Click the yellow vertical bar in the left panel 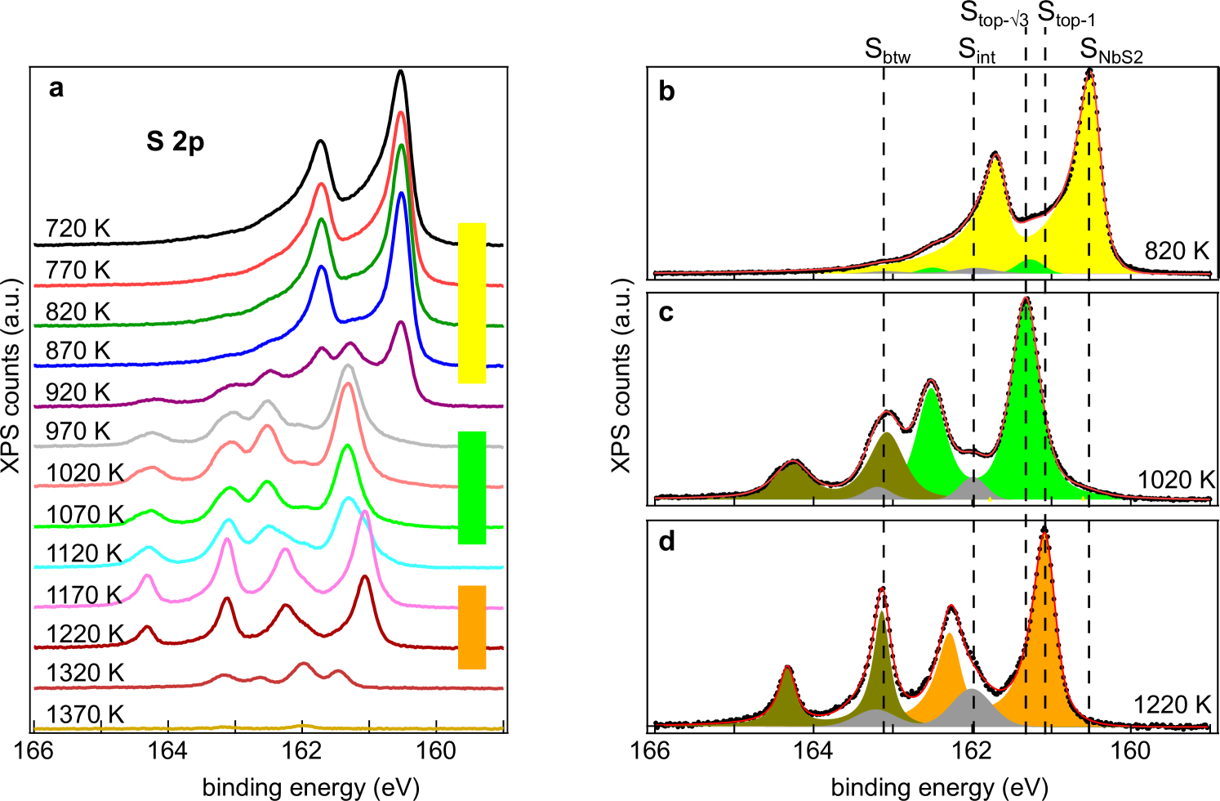coord(472,302)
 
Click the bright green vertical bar coord(472,487)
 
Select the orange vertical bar coord(472,627)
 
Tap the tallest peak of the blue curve coord(401,195)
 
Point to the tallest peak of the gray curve coord(348,366)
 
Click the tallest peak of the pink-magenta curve coord(364,513)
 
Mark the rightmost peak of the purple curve coord(400,322)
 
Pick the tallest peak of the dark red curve coord(364,576)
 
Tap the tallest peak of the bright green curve coord(348,446)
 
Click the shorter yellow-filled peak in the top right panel coord(995,160)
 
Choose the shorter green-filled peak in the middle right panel coord(931,391)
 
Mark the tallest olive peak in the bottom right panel coord(881,613)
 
